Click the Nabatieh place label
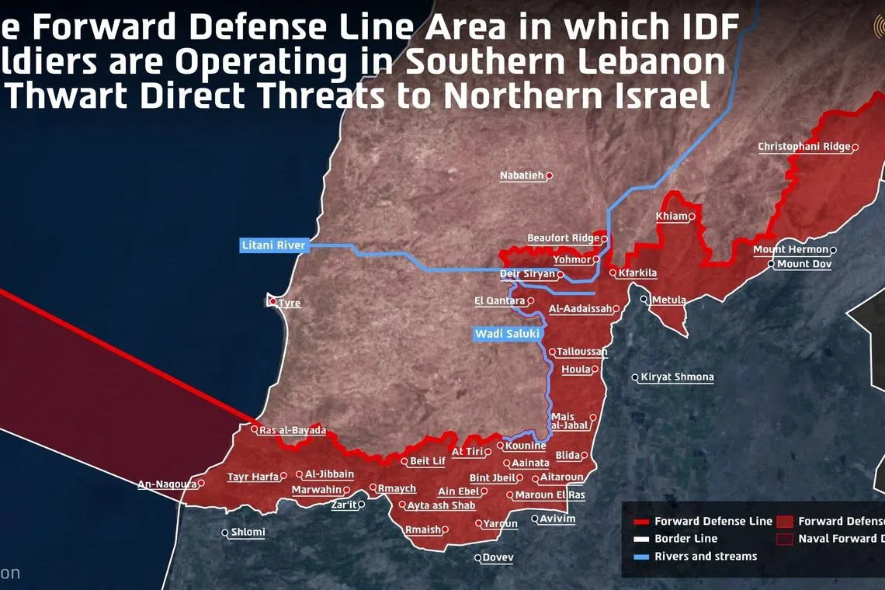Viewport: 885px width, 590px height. (522, 175)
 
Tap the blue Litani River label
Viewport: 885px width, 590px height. (274, 245)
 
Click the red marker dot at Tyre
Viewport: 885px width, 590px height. (272, 302)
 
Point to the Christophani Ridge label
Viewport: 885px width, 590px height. (804, 147)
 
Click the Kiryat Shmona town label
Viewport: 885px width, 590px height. (677, 377)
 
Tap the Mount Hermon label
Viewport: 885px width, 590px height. (790, 250)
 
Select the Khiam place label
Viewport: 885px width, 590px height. (672, 216)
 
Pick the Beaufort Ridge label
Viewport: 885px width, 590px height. (563, 238)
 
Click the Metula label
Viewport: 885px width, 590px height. (668, 300)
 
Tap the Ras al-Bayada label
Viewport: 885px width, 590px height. (293, 430)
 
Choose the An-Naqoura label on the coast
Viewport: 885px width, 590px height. (167, 484)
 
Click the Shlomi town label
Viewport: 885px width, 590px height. (248, 533)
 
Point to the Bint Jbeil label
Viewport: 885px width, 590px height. (492, 478)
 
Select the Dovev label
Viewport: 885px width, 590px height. (498, 557)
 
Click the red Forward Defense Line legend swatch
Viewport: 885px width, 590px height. (641, 522)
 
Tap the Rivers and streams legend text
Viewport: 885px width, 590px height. (705, 556)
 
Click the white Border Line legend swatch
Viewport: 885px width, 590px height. (641, 539)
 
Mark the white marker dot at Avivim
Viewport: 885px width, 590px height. (535, 519)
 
